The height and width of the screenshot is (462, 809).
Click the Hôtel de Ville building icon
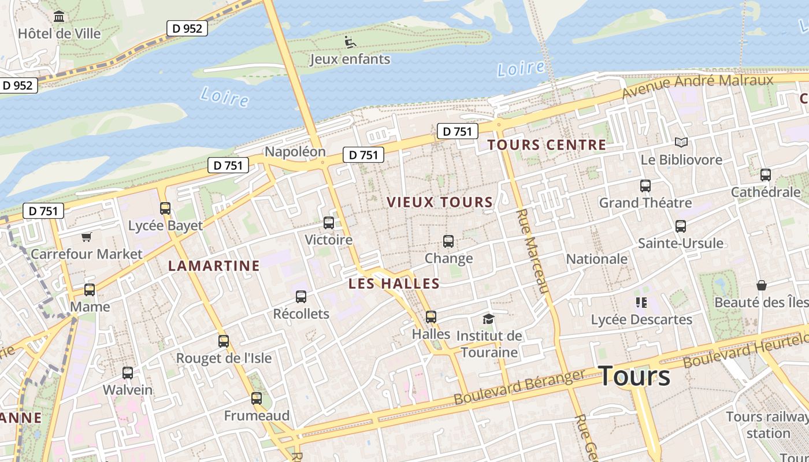click(58, 17)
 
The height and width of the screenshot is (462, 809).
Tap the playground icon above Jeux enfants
click(350, 42)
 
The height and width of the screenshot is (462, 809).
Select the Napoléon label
click(295, 152)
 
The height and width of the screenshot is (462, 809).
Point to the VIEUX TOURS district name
click(439, 202)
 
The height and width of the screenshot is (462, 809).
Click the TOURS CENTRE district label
click(547, 145)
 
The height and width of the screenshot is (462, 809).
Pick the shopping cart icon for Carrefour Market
click(87, 237)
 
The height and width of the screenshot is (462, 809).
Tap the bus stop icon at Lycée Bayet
click(165, 208)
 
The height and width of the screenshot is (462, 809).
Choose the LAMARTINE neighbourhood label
click(214, 266)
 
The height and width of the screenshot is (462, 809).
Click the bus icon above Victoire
click(329, 222)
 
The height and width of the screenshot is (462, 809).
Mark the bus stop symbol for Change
click(448, 241)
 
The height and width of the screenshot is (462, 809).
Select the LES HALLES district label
click(394, 284)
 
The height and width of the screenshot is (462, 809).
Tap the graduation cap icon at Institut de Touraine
click(489, 319)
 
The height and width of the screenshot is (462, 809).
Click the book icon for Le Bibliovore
click(681, 142)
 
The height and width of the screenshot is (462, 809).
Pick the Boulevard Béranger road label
click(519, 388)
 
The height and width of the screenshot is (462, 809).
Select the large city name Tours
click(634, 376)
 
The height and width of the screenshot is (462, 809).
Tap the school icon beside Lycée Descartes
click(641, 302)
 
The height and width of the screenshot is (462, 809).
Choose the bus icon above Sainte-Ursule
click(681, 226)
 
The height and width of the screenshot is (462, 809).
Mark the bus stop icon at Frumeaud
click(257, 398)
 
